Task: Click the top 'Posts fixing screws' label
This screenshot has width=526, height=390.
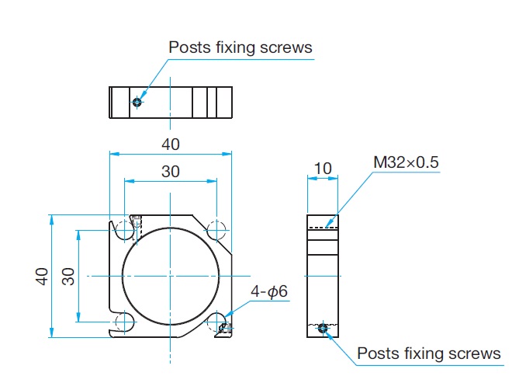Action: tap(241, 47)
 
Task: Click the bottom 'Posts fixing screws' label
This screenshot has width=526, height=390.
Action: tap(429, 354)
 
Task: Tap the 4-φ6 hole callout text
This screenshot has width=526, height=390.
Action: tap(268, 291)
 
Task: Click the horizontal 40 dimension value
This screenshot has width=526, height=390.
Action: tap(171, 144)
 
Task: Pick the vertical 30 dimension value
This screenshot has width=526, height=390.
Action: tap(68, 276)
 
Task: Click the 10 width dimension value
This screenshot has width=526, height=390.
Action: tap(323, 169)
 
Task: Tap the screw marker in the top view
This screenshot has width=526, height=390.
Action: tap(137, 102)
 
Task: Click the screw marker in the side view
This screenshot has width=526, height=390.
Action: tap(324, 329)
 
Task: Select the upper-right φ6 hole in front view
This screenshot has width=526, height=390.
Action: tap(216, 230)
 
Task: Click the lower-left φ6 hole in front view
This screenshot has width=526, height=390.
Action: tap(124, 322)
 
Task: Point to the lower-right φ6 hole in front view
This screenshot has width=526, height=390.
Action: tap(216, 322)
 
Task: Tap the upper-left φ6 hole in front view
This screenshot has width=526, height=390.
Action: tap(124, 230)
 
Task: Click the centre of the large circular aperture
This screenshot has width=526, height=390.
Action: tap(171, 276)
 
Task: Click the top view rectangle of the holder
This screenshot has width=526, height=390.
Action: tap(171, 102)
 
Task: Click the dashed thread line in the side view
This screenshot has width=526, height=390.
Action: tap(323, 228)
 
